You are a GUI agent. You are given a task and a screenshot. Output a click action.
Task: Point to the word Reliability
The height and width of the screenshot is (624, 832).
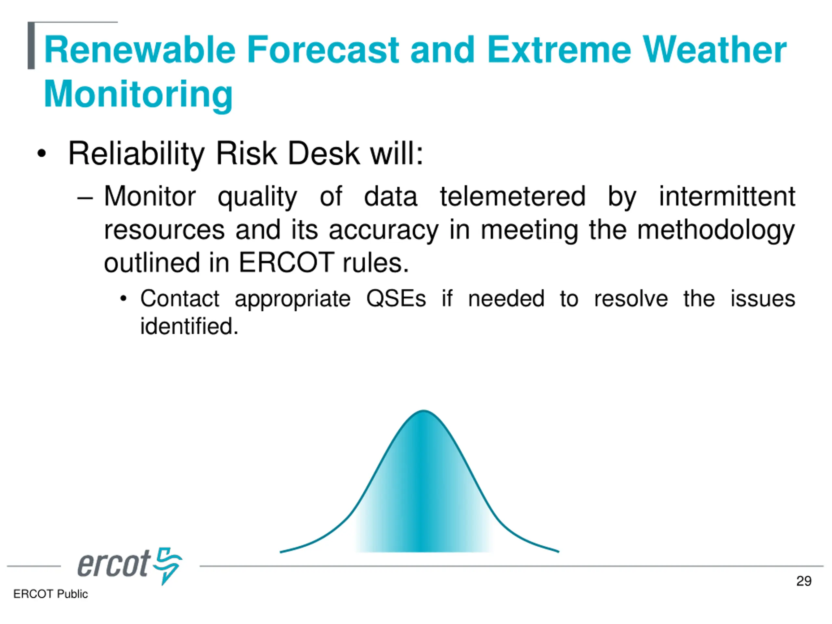tap(136, 154)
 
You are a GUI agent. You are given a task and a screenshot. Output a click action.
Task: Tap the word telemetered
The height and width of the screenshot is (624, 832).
tap(513, 196)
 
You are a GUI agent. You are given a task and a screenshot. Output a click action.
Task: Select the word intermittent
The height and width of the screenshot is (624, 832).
tap(727, 196)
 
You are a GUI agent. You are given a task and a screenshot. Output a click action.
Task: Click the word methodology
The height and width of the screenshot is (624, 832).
tap(716, 230)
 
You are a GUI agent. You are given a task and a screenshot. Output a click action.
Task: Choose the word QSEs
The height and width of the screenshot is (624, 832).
tap(396, 299)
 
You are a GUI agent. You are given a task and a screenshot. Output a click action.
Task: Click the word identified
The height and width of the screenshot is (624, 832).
tap(189, 326)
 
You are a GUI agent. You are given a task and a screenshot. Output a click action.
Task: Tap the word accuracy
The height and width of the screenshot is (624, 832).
tap(383, 230)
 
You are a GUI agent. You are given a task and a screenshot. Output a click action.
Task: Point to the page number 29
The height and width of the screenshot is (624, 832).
tap(803, 581)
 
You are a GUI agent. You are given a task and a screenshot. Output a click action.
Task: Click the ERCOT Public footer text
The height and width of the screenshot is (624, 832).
tap(50, 594)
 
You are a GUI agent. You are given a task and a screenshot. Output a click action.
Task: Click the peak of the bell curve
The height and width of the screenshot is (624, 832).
tap(423, 411)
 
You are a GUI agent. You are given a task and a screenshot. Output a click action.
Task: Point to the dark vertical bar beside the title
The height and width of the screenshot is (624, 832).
tap(31, 45)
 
